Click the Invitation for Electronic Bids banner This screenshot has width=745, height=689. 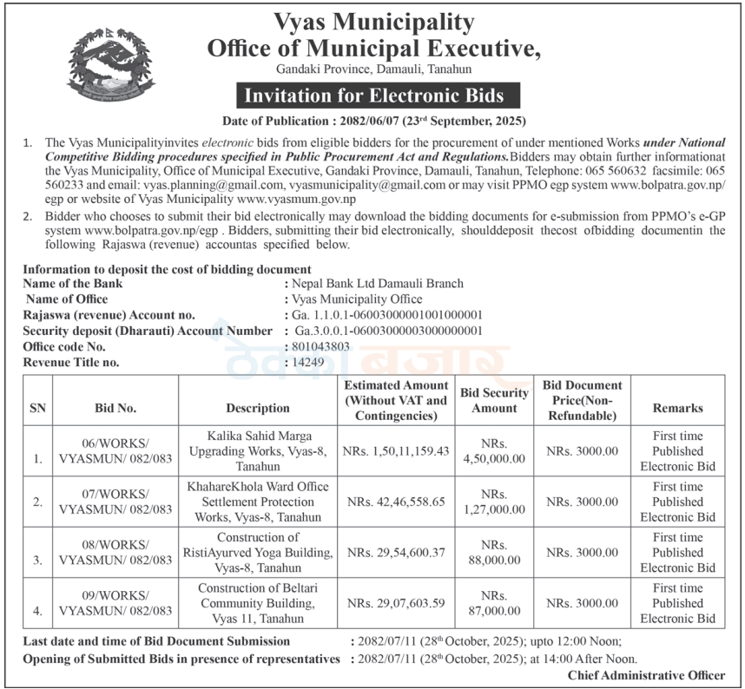[373, 95]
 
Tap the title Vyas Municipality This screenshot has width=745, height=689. [373, 21]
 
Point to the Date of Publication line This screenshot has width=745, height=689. [373, 121]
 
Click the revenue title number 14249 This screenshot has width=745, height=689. [310, 362]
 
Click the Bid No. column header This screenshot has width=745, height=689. [115, 408]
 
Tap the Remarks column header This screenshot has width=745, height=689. [677, 408]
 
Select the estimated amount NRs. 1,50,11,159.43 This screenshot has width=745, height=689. [396, 451]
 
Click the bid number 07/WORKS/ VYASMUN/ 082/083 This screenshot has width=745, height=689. [115, 502]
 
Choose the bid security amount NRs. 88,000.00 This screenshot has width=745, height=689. [494, 552]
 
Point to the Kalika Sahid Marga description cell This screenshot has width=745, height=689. [259, 450]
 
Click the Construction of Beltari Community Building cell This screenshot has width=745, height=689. [259, 603]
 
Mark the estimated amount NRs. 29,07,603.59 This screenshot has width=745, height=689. [396, 603]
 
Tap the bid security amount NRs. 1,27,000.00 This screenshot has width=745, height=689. [494, 502]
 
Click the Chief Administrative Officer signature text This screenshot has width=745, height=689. [646, 675]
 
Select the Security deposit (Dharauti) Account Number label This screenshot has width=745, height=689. [148, 331]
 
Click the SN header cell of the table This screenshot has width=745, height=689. [38, 408]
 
